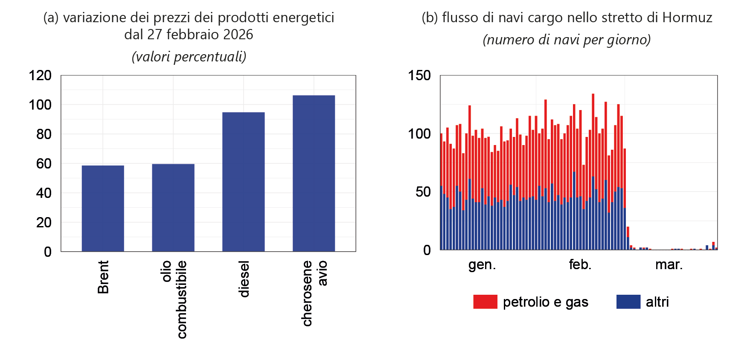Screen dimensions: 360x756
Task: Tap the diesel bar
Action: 243,182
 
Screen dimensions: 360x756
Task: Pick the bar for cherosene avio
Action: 314,173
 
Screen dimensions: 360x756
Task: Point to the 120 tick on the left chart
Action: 40,75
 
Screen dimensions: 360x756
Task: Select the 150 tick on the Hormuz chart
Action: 419,75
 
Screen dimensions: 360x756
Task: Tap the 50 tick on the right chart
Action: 423,192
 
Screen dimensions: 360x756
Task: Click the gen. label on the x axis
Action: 482,265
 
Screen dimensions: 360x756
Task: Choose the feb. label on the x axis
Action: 580,265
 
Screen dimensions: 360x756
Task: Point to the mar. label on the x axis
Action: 669,265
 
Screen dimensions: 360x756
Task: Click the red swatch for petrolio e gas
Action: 485,302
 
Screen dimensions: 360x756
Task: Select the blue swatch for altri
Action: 628,302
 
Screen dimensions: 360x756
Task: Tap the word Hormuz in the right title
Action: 687,17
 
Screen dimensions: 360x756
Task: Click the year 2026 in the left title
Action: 238,35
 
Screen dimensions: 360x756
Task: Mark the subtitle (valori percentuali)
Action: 189,57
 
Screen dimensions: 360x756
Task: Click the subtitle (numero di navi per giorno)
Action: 567,40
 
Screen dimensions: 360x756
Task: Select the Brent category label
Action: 103,277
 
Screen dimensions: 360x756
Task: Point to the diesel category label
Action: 244,279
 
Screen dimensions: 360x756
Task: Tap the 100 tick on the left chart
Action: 40,105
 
